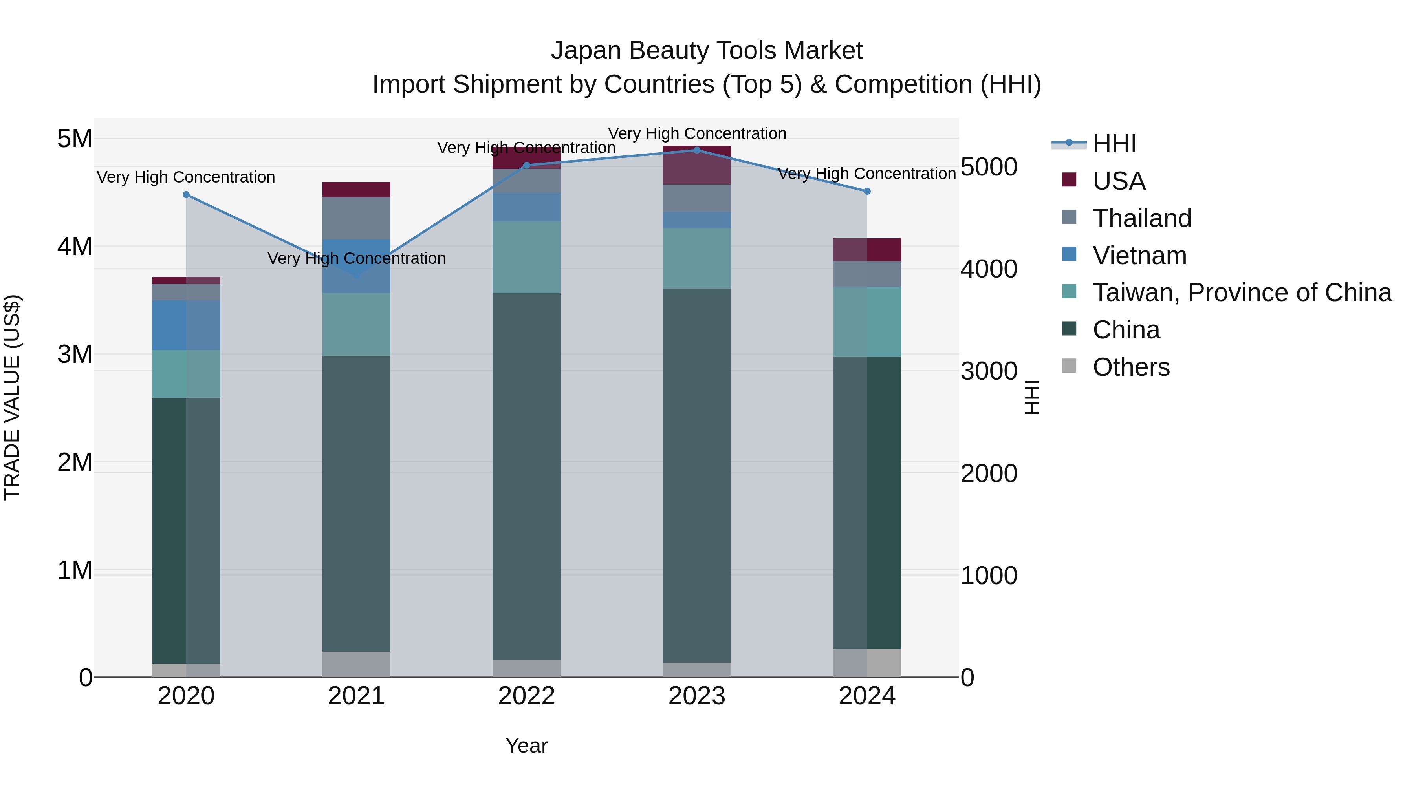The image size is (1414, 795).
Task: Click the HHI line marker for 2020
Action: point(186,195)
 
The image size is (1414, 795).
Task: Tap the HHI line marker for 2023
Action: point(697,150)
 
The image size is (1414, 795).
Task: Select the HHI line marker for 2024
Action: point(867,192)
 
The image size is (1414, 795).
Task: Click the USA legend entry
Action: point(1119,181)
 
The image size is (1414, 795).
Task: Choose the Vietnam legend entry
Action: point(1139,256)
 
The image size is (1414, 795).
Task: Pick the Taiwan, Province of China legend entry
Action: point(1242,292)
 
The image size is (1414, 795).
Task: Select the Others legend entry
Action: point(1131,367)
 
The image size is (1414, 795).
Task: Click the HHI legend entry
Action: point(1114,144)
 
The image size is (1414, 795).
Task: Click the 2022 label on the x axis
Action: point(526,696)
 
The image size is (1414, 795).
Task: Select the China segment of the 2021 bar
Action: point(356,503)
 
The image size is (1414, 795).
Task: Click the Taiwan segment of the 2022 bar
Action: point(526,257)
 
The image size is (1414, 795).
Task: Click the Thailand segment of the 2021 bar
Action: point(356,218)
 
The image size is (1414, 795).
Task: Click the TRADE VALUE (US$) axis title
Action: point(12,397)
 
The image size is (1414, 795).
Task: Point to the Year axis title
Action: point(526,746)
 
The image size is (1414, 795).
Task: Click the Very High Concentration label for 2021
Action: point(356,258)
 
